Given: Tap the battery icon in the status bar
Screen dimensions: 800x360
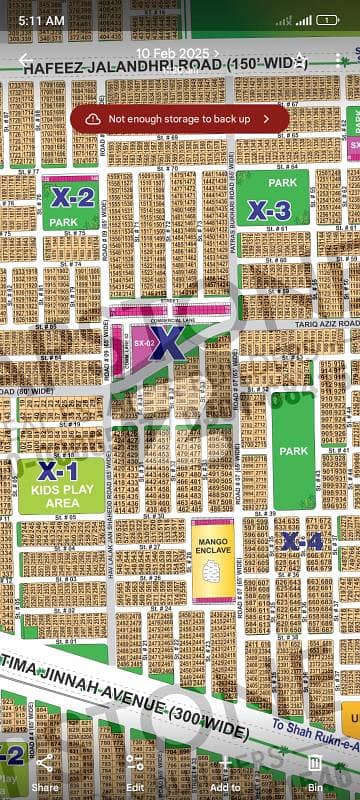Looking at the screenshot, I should click(327, 19).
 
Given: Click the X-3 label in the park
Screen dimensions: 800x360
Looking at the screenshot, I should click(269, 210).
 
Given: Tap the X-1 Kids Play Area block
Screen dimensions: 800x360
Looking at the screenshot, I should click(59, 485).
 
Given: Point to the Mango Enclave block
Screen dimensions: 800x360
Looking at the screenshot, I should click(212, 560).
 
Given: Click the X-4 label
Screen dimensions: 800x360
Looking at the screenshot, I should click(301, 541).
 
